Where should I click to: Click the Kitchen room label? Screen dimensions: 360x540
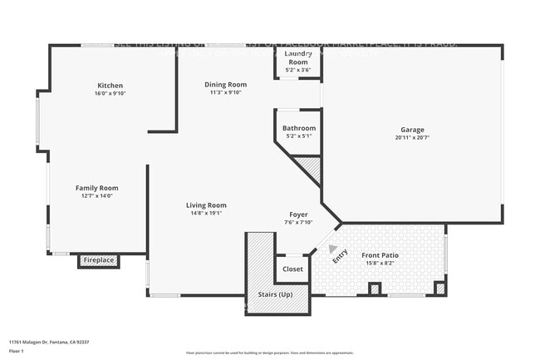tap(110, 86)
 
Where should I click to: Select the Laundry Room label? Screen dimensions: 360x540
tap(297, 58)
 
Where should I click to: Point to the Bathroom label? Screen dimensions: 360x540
tap(298, 128)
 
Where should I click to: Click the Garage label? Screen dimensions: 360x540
tap(412, 130)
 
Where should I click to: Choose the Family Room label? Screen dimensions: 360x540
tap(97, 188)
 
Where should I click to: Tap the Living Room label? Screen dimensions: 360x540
tap(206, 205)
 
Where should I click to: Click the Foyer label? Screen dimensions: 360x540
tap(298, 215)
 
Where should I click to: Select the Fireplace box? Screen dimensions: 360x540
tap(99, 261)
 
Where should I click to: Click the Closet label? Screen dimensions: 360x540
tap(292, 269)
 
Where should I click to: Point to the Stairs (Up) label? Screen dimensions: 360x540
tap(273, 295)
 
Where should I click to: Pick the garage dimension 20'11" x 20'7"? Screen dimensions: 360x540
tap(412, 139)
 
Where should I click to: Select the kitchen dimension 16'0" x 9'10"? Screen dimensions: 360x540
tap(110, 94)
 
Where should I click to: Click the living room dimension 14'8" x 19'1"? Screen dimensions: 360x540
tap(206, 214)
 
